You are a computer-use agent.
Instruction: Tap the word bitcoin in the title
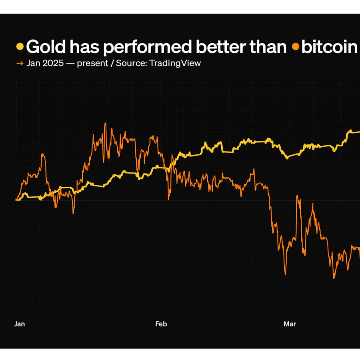click(x=329, y=47)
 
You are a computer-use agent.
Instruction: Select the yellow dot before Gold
click(x=20, y=47)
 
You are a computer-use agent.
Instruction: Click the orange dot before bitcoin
click(x=296, y=47)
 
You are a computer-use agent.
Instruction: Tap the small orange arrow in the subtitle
click(x=19, y=63)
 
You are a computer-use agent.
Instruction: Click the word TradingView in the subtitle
click(x=175, y=63)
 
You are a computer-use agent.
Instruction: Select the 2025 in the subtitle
click(x=54, y=63)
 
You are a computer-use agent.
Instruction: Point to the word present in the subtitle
click(x=94, y=63)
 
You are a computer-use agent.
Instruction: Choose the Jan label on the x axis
click(x=20, y=324)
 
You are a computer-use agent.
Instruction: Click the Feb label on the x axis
click(x=161, y=324)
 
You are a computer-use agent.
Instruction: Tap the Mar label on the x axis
click(x=290, y=324)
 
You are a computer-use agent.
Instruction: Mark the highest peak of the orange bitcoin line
click(x=105, y=123)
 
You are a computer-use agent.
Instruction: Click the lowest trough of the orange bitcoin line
click(x=334, y=278)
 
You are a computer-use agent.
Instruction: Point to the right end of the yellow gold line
click(x=359, y=132)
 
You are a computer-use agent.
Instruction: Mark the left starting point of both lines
click(x=16, y=200)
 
